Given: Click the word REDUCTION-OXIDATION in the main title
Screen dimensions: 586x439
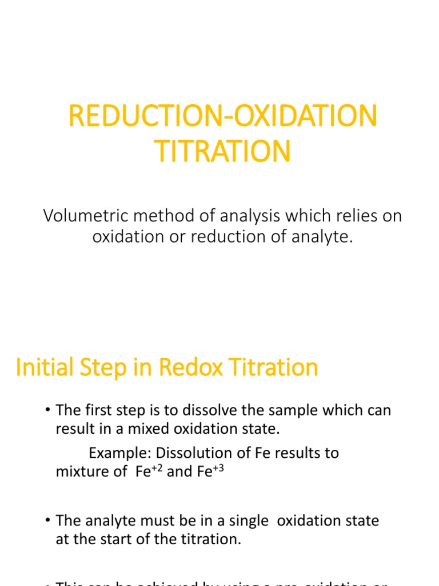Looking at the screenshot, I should click(223, 117).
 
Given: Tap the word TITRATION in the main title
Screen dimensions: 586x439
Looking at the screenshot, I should click(223, 151).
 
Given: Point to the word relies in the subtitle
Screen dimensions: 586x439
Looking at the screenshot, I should click(345, 216).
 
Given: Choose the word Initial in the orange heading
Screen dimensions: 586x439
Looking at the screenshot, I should click(43, 367).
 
